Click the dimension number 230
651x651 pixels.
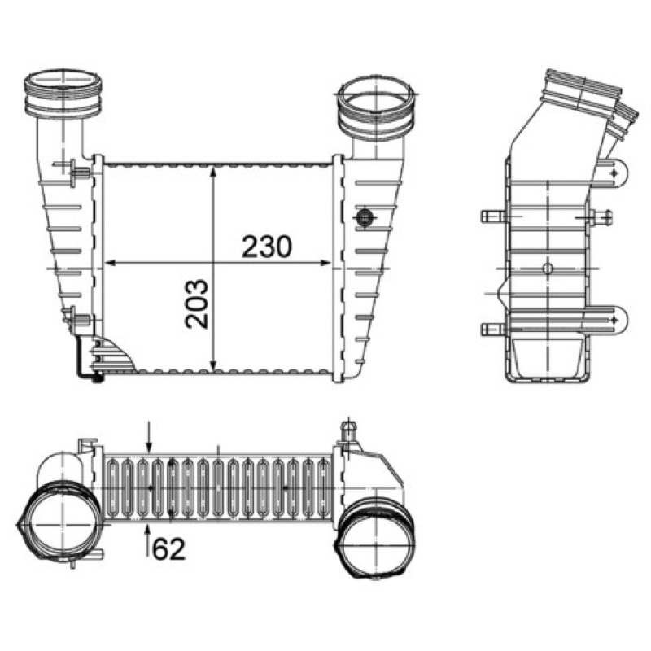pyautogui.click(x=267, y=247)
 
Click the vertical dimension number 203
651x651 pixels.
pyautogui.click(x=196, y=304)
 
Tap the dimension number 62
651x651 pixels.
pyautogui.click(x=168, y=549)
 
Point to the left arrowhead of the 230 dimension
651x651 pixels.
pyautogui.click(x=110, y=263)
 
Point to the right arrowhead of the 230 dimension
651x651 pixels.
pyautogui.click(x=325, y=263)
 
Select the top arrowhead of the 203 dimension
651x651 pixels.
pyautogui.click(x=213, y=172)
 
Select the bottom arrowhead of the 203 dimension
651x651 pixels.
pyautogui.click(x=213, y=364)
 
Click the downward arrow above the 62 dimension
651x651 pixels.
pyautogui.click(x=150, y=437)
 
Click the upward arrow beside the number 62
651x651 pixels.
pyautogui.click(x=148, y=540)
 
